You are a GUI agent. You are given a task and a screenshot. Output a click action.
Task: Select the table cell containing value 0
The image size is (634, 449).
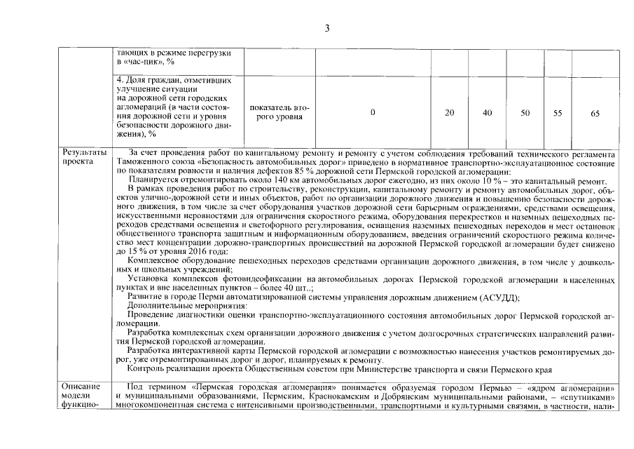click(372, 112)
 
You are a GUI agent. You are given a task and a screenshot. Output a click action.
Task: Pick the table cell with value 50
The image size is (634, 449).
click(525, 112)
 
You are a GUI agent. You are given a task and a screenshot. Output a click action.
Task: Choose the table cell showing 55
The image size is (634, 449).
click(558, 112)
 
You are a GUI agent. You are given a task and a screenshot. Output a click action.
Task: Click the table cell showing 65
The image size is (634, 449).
click(595, 112)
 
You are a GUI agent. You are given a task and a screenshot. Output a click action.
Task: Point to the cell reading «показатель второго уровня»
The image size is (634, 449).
click(279, 112)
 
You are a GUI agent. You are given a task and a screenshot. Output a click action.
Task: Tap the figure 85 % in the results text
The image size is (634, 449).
click(284, 170)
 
